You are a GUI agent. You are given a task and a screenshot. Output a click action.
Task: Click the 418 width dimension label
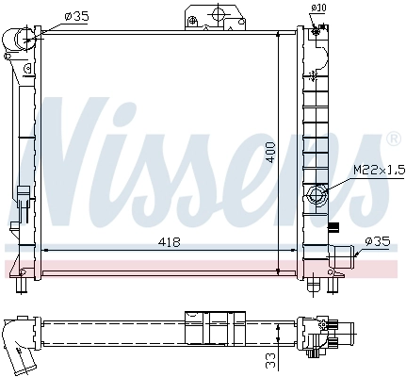coord(170,242)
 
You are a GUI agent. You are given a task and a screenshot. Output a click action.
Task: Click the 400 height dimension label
coord(270,152)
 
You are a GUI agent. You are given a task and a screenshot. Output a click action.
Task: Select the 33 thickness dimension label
coord(270,360)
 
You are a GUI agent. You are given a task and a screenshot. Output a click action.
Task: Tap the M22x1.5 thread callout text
coord(379,171)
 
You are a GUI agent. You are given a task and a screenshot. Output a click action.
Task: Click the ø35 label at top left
coord(76,16)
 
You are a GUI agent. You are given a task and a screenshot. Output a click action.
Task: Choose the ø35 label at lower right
coord(378,241)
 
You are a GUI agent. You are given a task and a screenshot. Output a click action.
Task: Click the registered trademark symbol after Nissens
coord(394,139)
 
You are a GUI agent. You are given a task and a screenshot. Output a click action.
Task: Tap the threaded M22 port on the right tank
coord(317,196)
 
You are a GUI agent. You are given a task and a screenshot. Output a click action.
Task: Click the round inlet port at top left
coord(24,40)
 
